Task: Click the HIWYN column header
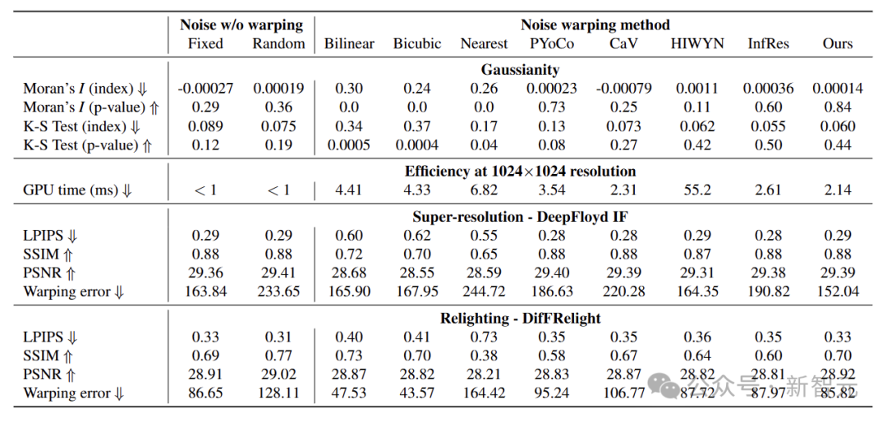click(x=697, y=44)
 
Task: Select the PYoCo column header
click(x=553, y=44)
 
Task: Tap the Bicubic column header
click(x=416, y=44)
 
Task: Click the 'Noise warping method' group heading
click(x=595, y=25)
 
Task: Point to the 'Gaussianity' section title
click(x=520, y=70)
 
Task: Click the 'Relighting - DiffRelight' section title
click(x=520, y=318)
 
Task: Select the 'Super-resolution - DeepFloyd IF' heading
click(x=520, y=217)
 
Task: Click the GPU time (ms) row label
click(x=78, y=190)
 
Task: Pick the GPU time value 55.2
click(x=697, y=190)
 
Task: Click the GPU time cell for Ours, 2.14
click(x=837, y=190)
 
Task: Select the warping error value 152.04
click(x=837, y=291)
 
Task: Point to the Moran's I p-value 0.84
click(x=837, y=108)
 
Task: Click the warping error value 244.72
click(x=484, y=291)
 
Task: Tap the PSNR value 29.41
click(x=278, y=273)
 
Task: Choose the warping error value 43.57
click(x=416, y=393)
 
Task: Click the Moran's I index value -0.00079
click(x=624, y=89)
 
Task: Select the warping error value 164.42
click(x=484, y=393)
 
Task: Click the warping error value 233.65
click(x=278, y=291)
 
